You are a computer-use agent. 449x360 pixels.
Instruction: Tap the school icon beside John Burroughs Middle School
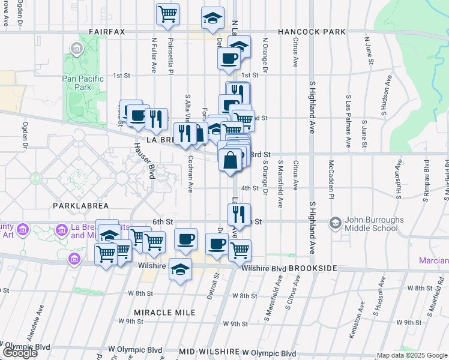(x=335, y=223)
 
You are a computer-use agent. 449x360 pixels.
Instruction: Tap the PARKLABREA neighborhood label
(x=80, y=205)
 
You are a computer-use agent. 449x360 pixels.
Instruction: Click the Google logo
(x=20, y=353)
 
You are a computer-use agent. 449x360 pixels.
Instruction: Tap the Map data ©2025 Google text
(x=412, y=355)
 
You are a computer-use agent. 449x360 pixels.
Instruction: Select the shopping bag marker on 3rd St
(x=231, y=160)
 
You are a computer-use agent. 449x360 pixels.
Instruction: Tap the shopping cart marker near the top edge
(x=168, y=14)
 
